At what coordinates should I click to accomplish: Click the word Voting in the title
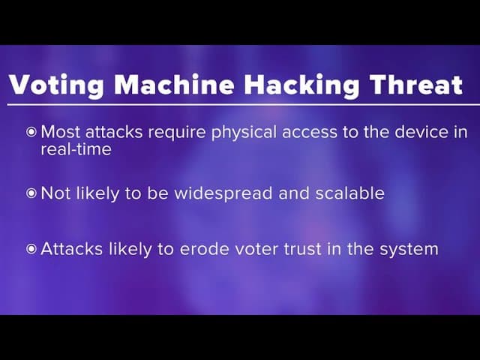tap(57, 85)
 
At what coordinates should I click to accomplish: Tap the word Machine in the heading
tap(174, 84)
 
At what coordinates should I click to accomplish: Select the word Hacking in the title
tap(301, 85)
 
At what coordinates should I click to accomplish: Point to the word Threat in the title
tap(416, 84)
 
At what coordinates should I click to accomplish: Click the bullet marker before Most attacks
tap(31, 132)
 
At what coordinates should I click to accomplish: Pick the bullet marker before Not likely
tap(31, 193)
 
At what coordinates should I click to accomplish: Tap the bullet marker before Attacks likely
tap(31, 248)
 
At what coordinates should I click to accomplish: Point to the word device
tap(418, 132)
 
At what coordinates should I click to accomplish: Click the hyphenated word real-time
tap(76, 149)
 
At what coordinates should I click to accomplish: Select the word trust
tap(302, 249)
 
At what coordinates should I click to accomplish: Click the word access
tap(309, 133)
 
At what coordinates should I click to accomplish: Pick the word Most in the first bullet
tap(60, 132)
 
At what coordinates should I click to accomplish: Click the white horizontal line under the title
tap(243, 105)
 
